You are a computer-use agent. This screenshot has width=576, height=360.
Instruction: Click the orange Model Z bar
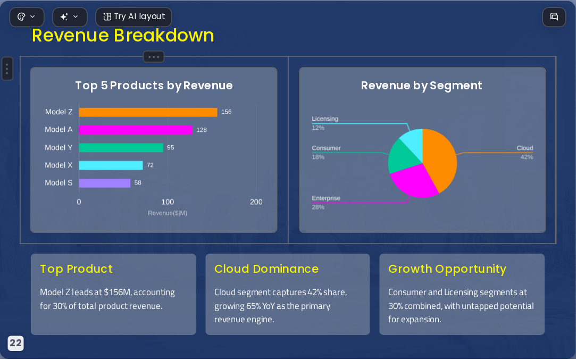point(148,112)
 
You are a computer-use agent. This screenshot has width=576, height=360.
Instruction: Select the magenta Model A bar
point(136,130)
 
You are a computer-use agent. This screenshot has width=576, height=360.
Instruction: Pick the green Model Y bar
point(121,148)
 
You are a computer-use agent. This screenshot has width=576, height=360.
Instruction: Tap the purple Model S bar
point(105,183)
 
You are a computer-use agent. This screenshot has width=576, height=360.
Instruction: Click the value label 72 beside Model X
point(150,165)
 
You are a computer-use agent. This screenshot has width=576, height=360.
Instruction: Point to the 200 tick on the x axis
point(256,202)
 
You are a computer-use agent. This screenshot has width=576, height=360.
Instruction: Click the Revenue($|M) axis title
point(168,213)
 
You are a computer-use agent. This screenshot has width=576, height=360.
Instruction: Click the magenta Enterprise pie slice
point(413,181)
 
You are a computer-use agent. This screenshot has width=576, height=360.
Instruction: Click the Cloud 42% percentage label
point(527,157)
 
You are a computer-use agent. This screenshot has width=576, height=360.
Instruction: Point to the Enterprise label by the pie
point(326,198)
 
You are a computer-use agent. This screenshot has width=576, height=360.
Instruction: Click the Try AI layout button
point(133,17)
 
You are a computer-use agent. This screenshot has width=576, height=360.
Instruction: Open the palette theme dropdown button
point(27,17)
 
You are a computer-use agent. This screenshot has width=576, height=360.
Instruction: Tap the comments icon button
point(554,17)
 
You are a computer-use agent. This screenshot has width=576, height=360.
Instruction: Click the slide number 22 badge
point(15,344)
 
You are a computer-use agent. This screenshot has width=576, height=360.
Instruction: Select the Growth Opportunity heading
point(447,269)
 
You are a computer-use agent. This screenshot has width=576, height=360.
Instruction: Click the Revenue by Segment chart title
point(421,86)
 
